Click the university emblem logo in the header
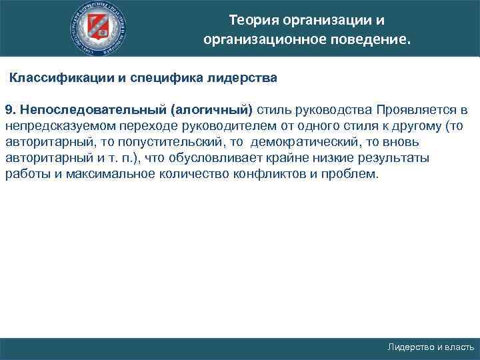pos(100,28)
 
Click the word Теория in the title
pos(252,19)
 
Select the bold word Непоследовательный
pos(91,109)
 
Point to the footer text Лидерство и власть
pos(431,348)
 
